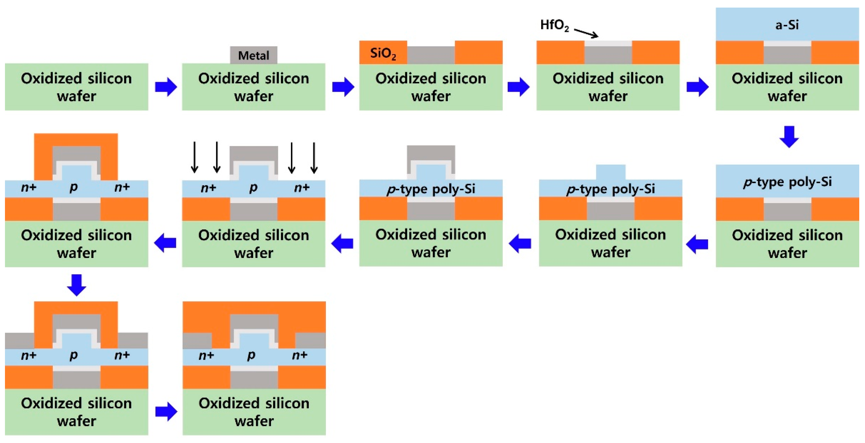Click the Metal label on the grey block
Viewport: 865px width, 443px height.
(253, 55)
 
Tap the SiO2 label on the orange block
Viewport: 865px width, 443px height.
(383, 53)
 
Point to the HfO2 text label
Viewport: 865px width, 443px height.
(554, 25)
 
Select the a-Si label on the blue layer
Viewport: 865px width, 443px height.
(787, 25)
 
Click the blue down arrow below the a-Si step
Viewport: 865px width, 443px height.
(789, 136)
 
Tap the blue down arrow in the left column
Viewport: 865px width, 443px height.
(77, 285)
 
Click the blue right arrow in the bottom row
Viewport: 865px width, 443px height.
(166, 411)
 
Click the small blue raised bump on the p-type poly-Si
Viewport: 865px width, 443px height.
(610, 172)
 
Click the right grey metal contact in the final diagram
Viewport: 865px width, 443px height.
(310, 340)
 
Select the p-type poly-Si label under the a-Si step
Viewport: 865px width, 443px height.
(787, 182)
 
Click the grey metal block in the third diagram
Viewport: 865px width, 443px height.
(431, 55)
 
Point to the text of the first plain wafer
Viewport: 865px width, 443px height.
(77, 87)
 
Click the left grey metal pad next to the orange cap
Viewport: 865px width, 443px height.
(20, 340)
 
